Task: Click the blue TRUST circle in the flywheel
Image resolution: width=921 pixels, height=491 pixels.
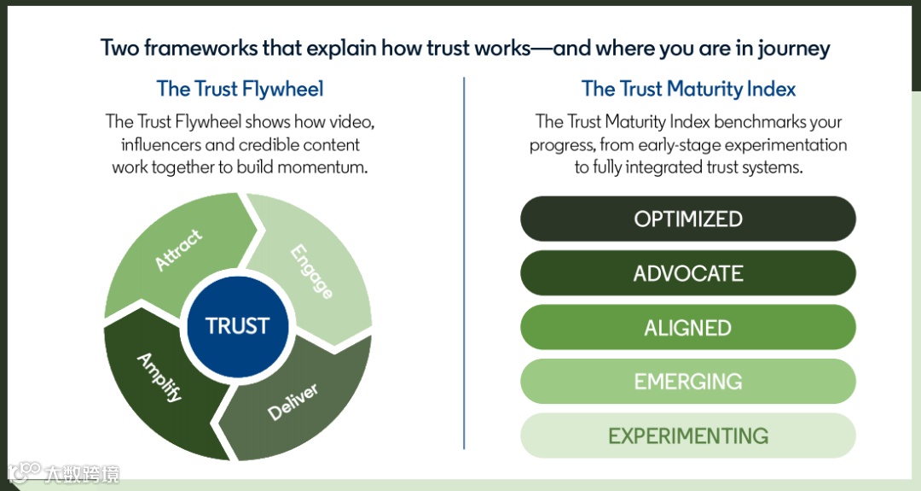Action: click(x=237, y=325)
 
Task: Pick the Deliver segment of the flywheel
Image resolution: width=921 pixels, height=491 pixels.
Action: click(x=294, y=401)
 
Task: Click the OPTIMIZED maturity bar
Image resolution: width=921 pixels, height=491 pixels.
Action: click(x=688, y=219)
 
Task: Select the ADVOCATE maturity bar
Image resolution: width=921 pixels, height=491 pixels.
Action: click(x=688, y=273)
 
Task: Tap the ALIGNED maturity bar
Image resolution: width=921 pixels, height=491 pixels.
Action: click(x=688, y=327)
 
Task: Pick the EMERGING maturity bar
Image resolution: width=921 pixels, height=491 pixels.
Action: click(x=688, y=381)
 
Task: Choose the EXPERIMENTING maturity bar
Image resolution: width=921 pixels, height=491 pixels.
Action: click(x=688, y=435)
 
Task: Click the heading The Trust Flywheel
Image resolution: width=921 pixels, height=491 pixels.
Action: click(x=240, y=89)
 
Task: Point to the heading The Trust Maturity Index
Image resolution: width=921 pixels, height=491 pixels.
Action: click(x=688, y=89)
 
